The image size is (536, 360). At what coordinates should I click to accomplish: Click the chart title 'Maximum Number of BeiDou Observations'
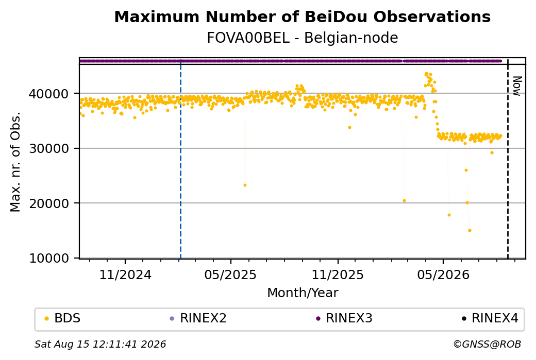pos(302,16)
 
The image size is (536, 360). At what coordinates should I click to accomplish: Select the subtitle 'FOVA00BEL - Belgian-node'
pos(302,38)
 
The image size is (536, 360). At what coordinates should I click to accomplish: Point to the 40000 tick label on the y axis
pos(49,94)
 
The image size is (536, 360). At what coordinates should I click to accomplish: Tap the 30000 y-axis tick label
pos(49,148)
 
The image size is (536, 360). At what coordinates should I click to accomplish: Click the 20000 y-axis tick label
pos(49,203)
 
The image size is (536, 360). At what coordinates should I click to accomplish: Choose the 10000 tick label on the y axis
pos(49,258)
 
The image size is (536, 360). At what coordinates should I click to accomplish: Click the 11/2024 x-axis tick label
pos(125,275)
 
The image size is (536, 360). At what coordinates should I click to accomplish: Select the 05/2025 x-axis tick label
pos(230,275)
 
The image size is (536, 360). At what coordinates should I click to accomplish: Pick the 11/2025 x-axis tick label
pos(338,275)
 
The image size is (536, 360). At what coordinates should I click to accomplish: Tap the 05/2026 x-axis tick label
pos(443,275)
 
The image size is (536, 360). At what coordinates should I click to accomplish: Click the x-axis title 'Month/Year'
pos(303,293)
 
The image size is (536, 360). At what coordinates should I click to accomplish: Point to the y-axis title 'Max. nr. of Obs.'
pos(15,162)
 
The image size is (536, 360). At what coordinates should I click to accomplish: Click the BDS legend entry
pos(62,318)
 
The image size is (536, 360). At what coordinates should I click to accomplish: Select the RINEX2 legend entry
pos(198,318)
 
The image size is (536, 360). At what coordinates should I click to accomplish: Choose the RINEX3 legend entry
pos(344,318)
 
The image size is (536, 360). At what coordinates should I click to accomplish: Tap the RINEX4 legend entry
pos(490,318)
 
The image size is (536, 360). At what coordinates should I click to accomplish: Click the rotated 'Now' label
pos(517,86)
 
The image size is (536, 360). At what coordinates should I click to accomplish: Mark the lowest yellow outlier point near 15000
pos(470,231)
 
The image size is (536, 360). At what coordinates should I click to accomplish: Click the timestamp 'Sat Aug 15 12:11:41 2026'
pos(100,344)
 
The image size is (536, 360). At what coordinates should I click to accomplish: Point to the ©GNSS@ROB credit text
pos(487,344)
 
